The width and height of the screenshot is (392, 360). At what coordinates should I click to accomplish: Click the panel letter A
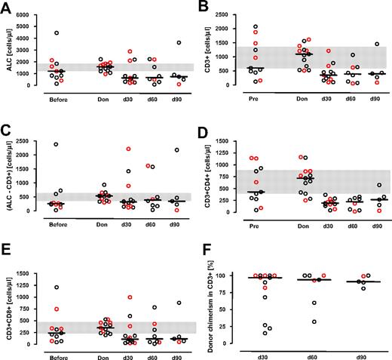tap(5, 7)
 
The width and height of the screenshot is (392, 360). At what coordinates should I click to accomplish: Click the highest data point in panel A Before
tap(55, 33)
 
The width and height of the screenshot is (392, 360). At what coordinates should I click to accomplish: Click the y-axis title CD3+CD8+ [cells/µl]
tap(7, 302)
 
